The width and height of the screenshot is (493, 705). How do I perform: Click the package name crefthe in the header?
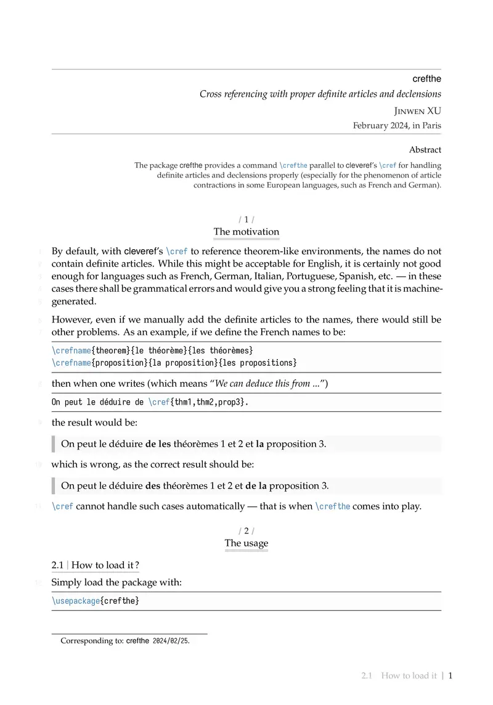coord(426,79)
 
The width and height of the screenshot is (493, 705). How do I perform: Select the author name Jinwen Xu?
coord(417,111)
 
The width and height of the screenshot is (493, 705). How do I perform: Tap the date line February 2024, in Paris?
coord(397,125)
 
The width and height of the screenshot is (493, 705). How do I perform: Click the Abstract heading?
coord(425,150)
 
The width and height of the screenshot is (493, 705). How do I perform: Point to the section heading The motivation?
coord(246,232)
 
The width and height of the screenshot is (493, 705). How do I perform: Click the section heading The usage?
coord(246,543)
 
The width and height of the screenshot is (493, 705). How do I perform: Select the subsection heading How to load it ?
coord(105,565)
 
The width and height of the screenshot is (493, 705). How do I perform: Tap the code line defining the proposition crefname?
coord(174,362)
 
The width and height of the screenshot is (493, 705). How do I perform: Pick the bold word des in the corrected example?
coord(152,485)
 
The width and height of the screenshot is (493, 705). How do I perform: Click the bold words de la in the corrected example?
coord(256,485)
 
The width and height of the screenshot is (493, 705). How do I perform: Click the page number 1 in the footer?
coord(450,676)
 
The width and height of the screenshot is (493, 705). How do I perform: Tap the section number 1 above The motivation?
coord(246,219)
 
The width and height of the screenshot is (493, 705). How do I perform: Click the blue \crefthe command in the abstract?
coord(293,165)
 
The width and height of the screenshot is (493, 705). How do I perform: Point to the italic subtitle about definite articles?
coord(320,94)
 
